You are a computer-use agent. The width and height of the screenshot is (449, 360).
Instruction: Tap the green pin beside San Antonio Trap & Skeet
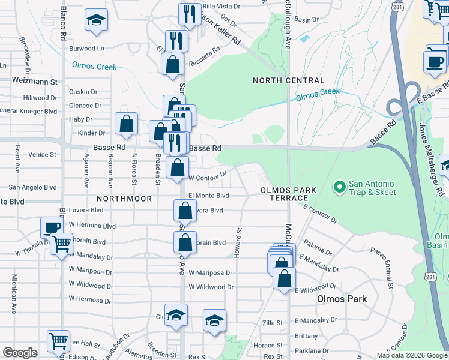pos(339,188)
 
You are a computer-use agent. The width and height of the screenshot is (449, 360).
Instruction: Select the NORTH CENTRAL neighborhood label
pos(288,80)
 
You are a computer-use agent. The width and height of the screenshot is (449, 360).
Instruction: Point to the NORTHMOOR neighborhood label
pos(122,197)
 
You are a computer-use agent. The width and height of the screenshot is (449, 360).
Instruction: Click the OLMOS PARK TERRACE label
pos(288,194)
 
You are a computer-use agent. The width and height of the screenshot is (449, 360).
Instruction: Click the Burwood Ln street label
pos(86,48)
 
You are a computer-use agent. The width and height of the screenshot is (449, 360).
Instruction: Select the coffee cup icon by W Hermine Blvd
pos(52,227)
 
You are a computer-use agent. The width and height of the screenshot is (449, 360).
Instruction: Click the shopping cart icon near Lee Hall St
pos(58,341)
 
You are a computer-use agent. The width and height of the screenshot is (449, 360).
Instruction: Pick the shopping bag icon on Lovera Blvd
pos(185,211)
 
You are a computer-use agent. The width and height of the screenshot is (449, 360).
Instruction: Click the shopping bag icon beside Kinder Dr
pos(127,124)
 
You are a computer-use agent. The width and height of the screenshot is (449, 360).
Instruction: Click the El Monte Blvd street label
pos(209,196)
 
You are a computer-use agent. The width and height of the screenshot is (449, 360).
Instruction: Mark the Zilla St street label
pos(273,323)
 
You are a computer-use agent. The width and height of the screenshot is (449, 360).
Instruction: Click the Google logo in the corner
pos(20,353)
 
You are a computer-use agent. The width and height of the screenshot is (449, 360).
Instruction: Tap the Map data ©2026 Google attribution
pos(411,355)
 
